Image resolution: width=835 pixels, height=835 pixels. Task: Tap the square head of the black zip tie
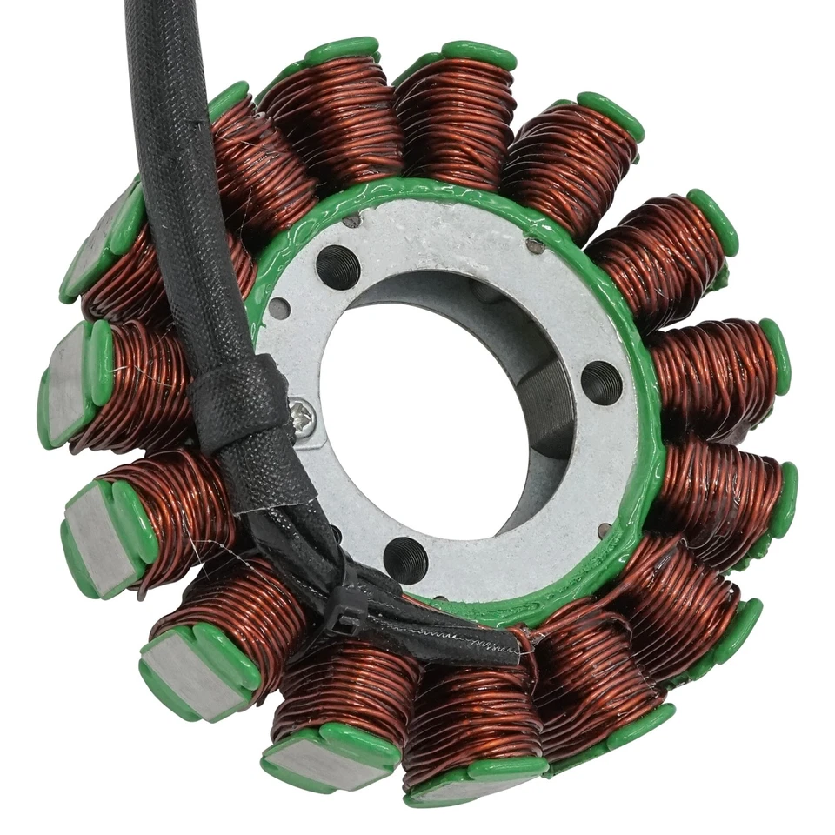point(349,623)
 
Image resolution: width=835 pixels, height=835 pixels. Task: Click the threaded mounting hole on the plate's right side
point(601,382)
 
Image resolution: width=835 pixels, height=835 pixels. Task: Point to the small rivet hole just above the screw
point(280,308)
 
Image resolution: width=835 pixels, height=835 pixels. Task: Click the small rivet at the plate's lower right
point(604,529)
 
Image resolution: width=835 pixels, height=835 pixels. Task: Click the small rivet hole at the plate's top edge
point(351,221)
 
